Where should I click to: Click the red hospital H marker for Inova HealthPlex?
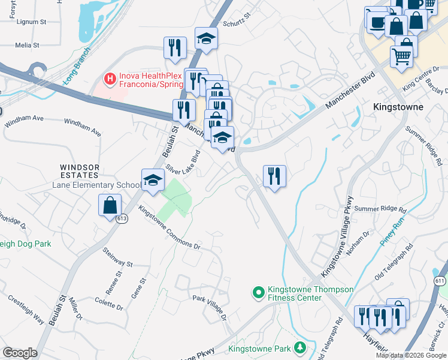pos(110,79)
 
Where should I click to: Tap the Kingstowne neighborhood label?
pos(398,107)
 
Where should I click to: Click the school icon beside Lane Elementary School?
pos(153,180)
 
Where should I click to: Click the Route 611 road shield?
pos(440,281)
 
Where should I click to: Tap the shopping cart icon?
pos(402,57)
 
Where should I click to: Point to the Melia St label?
pos(27,45)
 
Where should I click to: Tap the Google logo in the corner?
pos(19,353)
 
